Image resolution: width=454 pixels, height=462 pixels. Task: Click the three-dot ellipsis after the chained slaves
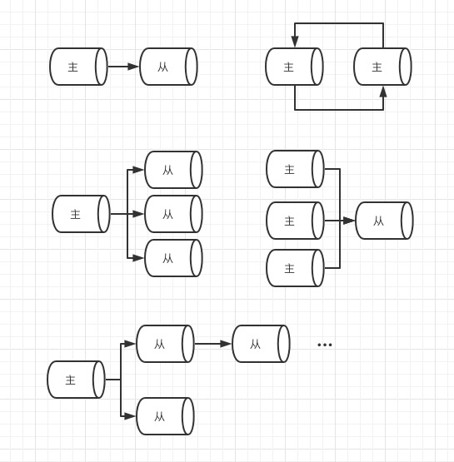[325, 345]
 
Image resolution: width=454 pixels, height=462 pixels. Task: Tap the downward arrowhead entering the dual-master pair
[295, 42]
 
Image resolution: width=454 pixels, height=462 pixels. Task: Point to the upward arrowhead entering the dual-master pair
[383, 92]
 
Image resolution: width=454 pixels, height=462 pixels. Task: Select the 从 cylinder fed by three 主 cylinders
[384, 221]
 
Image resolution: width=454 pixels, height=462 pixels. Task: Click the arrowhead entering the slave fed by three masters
[349, 221]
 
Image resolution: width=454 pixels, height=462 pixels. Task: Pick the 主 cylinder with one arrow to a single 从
[78, 67]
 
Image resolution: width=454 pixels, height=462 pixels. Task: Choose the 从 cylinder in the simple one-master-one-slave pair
[168, 67]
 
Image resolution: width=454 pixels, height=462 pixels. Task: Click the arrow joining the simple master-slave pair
[123, 67]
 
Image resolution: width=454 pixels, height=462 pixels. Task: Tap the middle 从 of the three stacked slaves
[173, 214]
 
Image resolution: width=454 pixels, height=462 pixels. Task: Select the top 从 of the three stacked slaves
[173, 170]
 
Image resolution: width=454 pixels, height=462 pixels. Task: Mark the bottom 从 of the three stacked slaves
[173, 258]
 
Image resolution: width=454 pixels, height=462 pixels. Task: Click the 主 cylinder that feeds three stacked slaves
[81, 214]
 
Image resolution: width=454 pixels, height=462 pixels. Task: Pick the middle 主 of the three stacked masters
[295, 221]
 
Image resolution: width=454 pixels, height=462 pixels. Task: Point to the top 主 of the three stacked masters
[295, 169]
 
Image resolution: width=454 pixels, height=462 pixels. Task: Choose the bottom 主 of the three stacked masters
[295, 268]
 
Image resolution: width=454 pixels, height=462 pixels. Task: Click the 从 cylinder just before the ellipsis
[262, 344]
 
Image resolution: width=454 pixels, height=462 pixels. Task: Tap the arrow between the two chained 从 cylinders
[213, 344]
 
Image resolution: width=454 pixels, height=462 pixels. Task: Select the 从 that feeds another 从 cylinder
[166, 344]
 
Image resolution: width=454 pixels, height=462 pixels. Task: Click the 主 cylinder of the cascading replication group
[76, 380]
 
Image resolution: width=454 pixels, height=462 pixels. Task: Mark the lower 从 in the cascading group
[166, 416]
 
